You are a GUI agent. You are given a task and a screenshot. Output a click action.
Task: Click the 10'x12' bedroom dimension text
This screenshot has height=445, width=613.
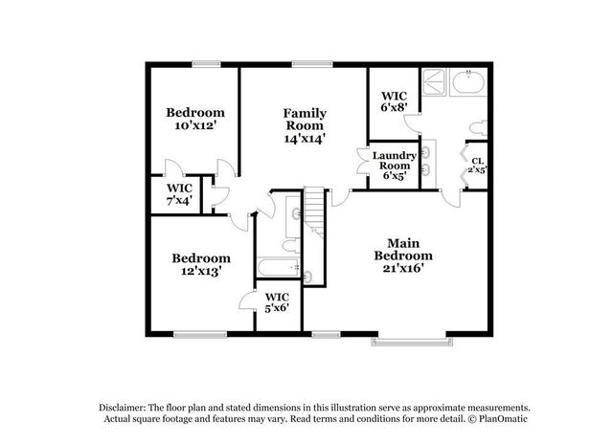point(193,124)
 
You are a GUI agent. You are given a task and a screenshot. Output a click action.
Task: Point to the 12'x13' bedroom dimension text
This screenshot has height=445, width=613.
point(200,272)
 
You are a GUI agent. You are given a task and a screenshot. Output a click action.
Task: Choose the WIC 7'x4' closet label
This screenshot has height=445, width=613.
point(179,194)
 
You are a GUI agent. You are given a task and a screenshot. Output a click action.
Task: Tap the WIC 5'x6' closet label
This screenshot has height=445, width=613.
point(277,302)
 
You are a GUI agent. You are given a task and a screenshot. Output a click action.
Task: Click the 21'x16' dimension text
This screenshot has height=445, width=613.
point(403,269)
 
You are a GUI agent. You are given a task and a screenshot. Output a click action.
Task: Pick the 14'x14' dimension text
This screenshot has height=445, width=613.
point(305,138)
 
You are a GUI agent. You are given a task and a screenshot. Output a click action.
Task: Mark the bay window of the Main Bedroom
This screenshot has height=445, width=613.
point(408,338)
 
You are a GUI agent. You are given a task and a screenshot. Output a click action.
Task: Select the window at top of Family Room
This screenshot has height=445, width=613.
point(306,65)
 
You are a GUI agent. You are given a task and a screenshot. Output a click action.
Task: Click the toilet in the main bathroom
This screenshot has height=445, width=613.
point(475,125)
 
